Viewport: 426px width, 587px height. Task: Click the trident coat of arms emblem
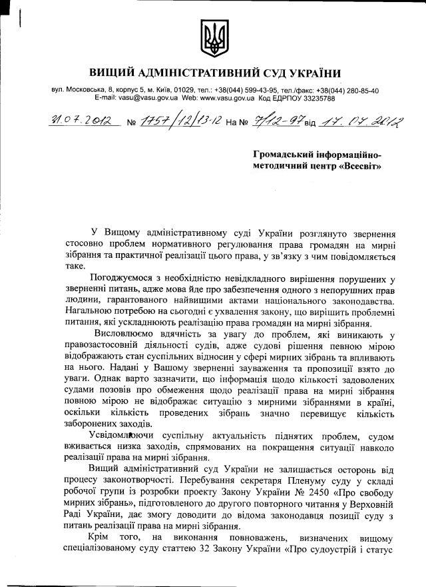coord(213,39)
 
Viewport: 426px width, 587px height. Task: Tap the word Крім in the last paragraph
coord(101,537)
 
